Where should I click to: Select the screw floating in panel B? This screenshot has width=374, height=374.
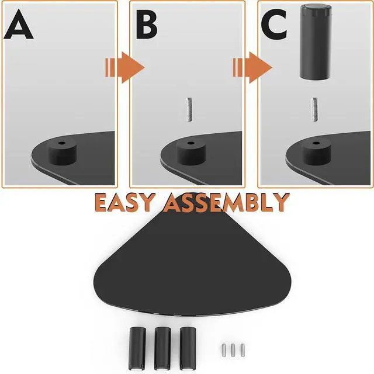[x=188, y=110]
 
